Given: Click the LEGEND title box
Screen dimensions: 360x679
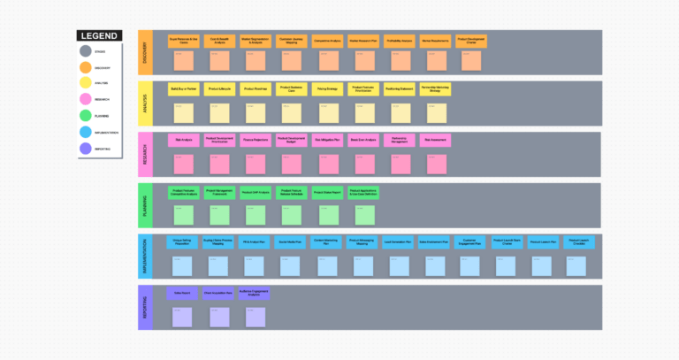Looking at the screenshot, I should (x=97, y=35).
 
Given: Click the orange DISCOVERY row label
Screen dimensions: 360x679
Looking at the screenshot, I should (x=144, y=53).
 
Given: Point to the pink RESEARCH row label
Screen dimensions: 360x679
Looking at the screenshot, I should (x=144, y=155).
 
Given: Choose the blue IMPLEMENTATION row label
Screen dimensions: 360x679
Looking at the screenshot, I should (x=144, y=257).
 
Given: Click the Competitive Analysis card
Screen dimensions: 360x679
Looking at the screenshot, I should (x=327, y=40).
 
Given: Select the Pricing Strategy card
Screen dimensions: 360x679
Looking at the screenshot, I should (x=327, y=89).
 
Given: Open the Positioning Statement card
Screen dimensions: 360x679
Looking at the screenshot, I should (x=399, y=89).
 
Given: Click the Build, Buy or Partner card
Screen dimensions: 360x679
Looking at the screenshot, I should (x=183, y=89).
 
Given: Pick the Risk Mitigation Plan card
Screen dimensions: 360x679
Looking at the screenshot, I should (x=327, y=140).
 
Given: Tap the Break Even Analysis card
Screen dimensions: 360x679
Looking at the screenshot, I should (x=363, y=140).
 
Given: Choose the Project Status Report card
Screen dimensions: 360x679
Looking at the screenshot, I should (x=327, y=191).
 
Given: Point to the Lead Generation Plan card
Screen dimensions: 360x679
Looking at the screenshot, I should (x=399, y=241).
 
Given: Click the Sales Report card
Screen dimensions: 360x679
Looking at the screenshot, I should (x=183, y=293).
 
